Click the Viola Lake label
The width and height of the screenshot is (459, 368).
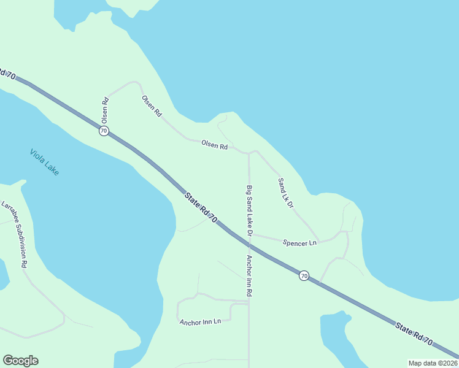(x=44, y=162)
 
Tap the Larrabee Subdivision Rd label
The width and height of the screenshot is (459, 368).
(x=15, y=234)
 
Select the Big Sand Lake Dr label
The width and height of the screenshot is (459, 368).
(x=249, y=211)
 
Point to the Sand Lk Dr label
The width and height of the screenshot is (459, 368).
(x=286, y=193)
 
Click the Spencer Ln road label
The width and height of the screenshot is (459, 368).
(x=299, y=243)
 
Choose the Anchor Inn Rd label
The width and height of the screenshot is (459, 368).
(x=249, y=276)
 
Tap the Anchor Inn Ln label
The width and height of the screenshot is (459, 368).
(x=200, y=321)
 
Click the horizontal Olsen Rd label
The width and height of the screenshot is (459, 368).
(x=215, y=146)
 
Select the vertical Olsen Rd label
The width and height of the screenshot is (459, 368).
(x=105, y=109)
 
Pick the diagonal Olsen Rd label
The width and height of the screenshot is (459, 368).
(x=152, y=105)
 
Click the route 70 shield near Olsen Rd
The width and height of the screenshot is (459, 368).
(x=104, y=131)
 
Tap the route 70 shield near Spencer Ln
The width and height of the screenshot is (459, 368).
(x=304, y=276)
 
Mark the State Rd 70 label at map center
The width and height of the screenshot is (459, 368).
(x=201, y=207)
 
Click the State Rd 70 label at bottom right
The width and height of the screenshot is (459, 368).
(x=414, y=333)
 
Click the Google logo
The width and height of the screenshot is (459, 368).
(x=21, y=361)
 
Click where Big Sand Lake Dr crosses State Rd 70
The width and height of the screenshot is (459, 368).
(x=249, y=243)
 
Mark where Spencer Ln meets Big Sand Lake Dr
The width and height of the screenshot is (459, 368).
(x=249, y=234)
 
